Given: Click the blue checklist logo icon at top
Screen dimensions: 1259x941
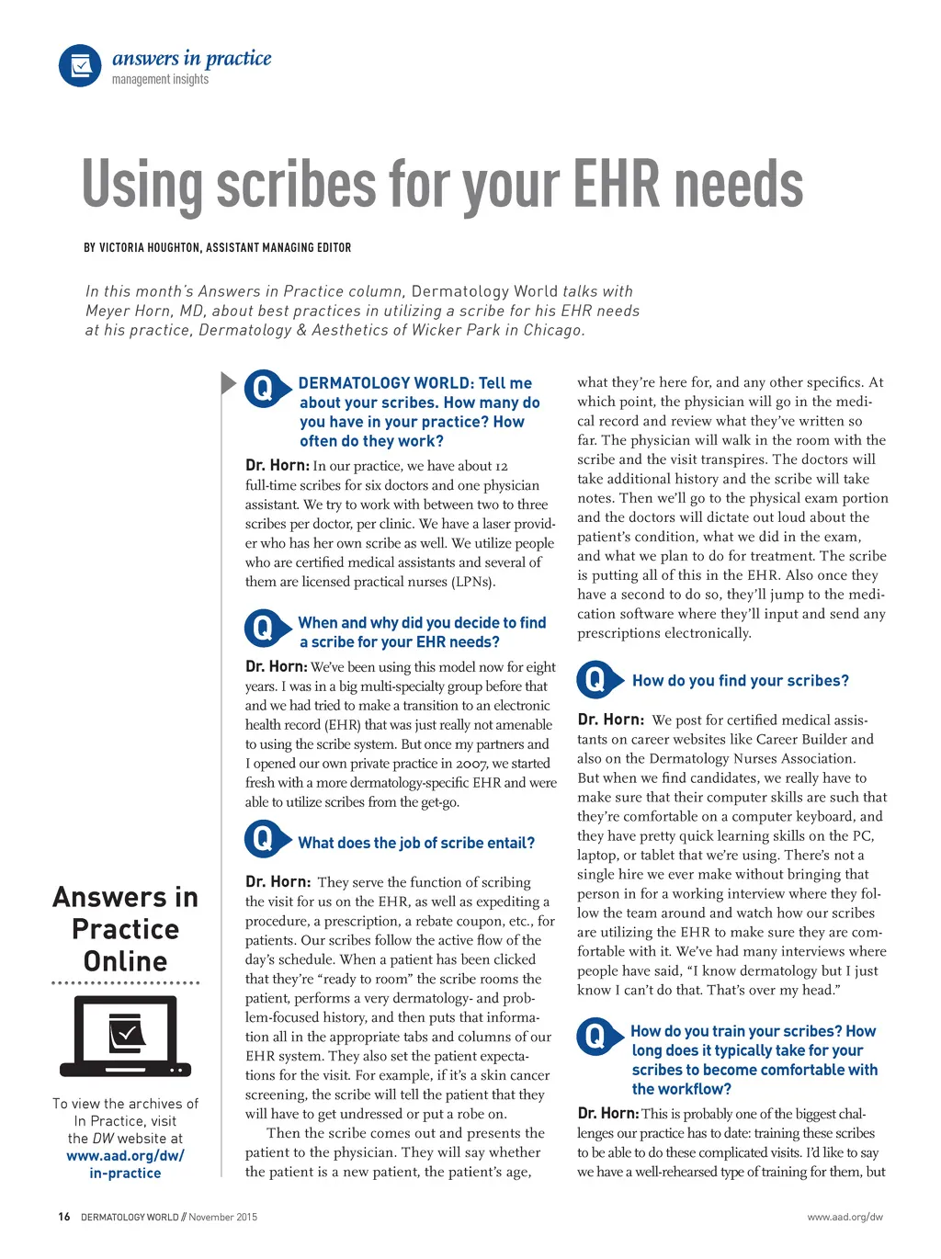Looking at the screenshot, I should coord(80,66).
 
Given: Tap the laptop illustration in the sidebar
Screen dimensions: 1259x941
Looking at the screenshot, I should coord(125,1035).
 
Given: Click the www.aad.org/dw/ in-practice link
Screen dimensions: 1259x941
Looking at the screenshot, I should coord(125,1164).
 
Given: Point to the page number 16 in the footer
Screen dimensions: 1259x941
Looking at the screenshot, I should coord(64,1217).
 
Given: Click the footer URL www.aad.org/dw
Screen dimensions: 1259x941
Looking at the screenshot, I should coord(845,1217).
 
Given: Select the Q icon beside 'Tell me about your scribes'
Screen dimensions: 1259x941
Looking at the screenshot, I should coord(263,389).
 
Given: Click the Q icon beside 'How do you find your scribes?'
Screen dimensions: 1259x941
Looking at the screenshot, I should coord(595,680).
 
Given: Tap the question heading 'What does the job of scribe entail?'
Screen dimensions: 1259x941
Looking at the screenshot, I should coord(416,843).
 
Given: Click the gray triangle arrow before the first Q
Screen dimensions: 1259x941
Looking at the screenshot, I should coord(228,382).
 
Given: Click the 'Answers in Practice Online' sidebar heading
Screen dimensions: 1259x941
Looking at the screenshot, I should coord(125,929).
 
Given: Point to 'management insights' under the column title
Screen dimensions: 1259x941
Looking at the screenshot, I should coord(160,80).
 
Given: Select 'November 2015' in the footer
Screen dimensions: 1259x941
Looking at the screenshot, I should coord(223,1217).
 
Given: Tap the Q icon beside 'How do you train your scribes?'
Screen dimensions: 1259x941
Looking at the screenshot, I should coord(595,1037).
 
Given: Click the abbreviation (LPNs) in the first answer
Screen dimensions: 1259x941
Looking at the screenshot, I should coord(472,582).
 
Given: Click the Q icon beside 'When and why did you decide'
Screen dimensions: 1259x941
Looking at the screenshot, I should coord(263,629).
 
